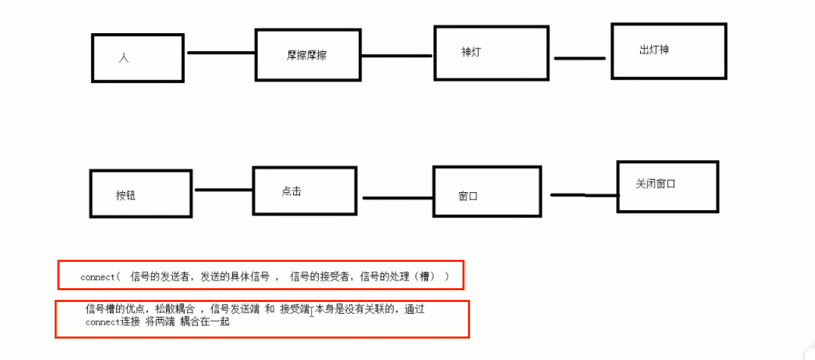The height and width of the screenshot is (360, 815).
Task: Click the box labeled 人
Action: click(x=138, y=58)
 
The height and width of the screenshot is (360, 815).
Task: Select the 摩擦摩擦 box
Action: click(x=308, y=55)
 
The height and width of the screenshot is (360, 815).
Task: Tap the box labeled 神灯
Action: click(x=491, y=53)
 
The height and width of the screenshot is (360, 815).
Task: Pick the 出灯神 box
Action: click(x=668, y=51)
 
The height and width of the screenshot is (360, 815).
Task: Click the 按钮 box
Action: click(x=140, y=194)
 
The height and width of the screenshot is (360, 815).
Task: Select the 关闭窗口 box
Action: click(x=667, y=186)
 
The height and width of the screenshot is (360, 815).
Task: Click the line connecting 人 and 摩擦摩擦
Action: click(x=221, y=53)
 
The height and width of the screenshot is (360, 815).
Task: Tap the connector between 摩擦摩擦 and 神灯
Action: click(x=397, y=56)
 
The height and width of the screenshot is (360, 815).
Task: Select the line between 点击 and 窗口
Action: click(x=397, y=198)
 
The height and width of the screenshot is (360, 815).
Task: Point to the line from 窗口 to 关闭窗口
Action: click(x=584, y=196)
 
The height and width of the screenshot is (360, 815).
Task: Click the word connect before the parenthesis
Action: click(x=97, y=277)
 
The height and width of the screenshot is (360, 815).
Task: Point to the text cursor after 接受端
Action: click(x=312, y=312)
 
